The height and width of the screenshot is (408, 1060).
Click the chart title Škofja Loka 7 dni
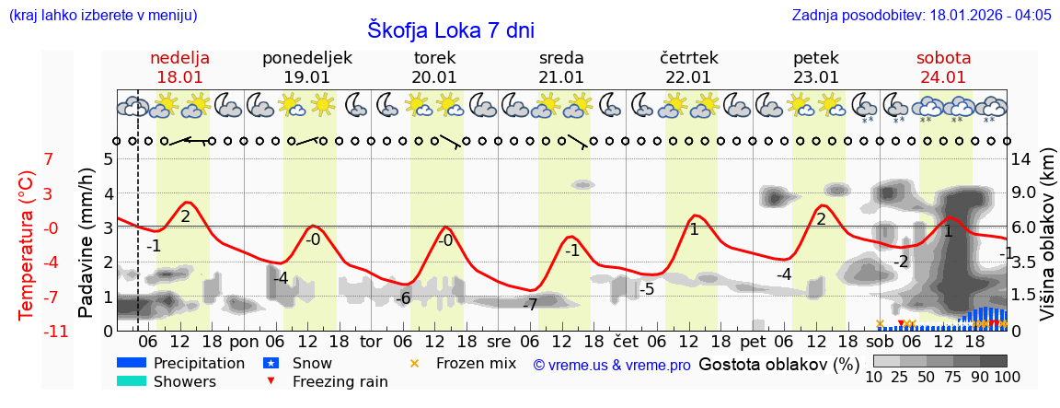click(450, 29)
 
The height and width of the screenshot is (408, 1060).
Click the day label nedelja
click(180, 58)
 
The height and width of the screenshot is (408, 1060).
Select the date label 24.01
click(943, 77)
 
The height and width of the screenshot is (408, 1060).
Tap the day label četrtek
click(688, 58)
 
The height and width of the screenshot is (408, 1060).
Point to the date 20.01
click(434, 77)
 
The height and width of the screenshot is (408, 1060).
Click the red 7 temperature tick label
click(49, 158)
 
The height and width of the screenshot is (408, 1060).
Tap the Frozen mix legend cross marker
click(414, 363)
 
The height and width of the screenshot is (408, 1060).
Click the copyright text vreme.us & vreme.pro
click(612, 365)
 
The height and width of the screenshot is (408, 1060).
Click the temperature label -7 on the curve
click(529, 305)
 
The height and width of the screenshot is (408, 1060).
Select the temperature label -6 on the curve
click(402, 298)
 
